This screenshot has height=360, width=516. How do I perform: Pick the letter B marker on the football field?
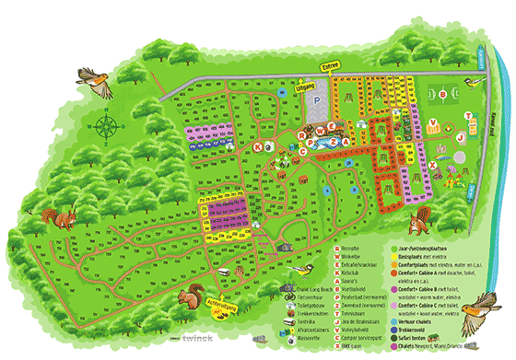pyautogui.click(x=443, y=93)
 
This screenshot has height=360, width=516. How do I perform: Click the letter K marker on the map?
pyautogui.click(x=256, y=145)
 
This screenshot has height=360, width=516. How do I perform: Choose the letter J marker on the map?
pyautogui.click(x=459, y=137)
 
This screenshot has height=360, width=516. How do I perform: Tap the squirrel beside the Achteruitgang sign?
pyautogui.click(x=190, y=296)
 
